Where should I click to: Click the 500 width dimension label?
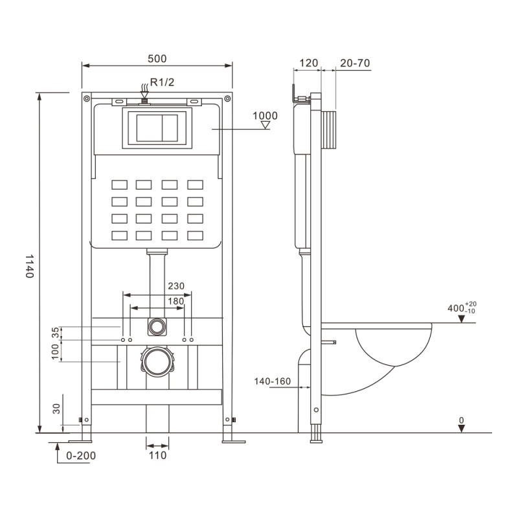click(x=157, y=59)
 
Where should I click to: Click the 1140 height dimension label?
click(x=30, y=266)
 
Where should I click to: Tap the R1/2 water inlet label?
click(x=162, y=82)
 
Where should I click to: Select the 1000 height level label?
click(x=265, y=116)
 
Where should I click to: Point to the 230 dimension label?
click(x=176, y=286)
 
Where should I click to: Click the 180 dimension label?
click(x=175, y=301)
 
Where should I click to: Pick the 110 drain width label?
click(x=157, y=456)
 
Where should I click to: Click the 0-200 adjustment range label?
click(x=81, y=456)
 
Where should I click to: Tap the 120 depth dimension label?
click(x=309, y=63)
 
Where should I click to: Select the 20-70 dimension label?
click(x=355, y=63)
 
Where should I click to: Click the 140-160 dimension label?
click(x=272, y=381)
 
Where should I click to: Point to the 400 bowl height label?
click(x=462, y=308)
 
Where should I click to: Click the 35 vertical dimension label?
click(x=56, y=332)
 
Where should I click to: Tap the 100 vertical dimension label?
click(x=56, y=351)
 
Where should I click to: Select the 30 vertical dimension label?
click(x=56, y=409)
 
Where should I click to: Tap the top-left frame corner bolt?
click(x=87, y=98)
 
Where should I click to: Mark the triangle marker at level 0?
click(x=462, y=429)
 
